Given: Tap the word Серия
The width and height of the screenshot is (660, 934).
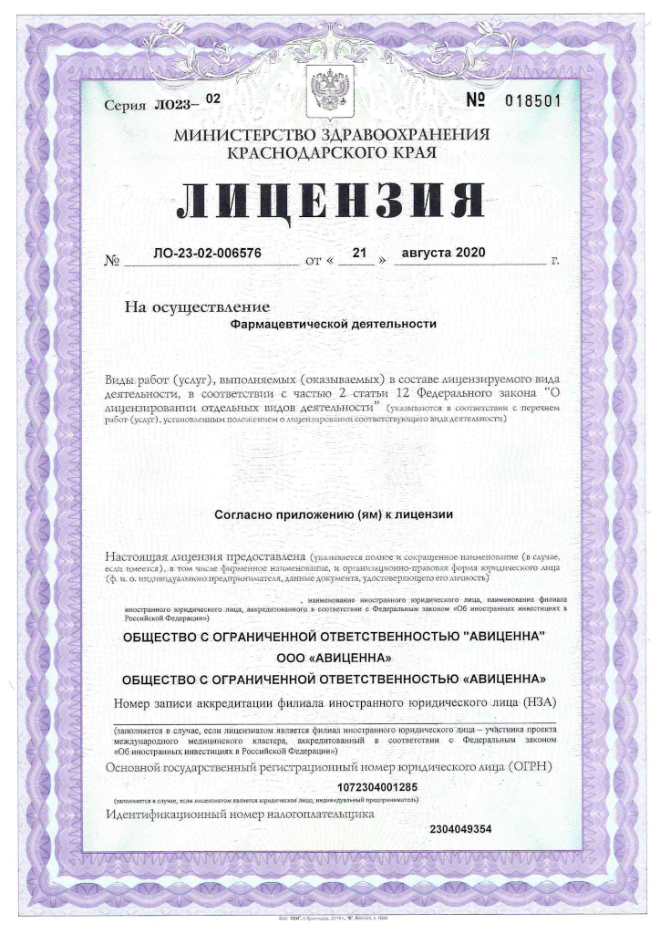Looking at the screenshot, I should tap(125, 106).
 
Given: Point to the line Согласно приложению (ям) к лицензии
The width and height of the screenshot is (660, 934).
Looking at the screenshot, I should tap(334, 514).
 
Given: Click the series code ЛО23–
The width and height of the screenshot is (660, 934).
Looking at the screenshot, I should tap(175, 105).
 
